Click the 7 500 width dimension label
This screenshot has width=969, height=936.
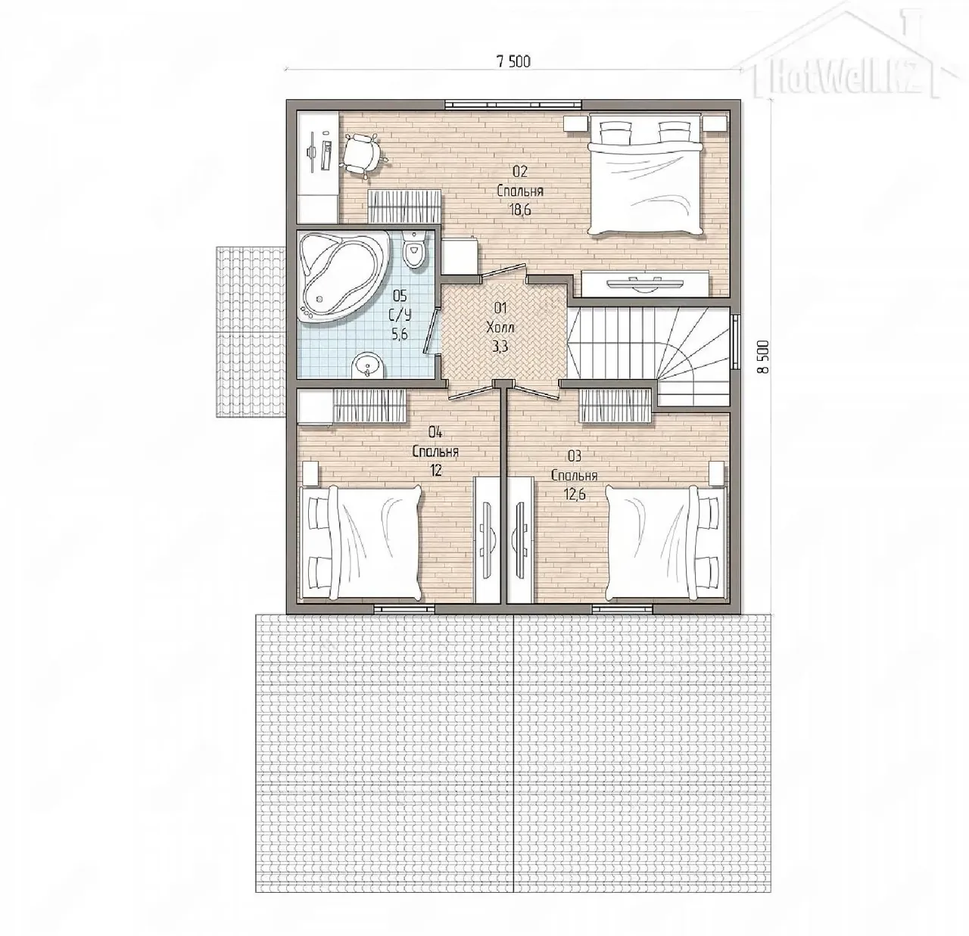[513, 61]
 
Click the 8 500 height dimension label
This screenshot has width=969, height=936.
[763, 356]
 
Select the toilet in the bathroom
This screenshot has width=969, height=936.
[414, 250]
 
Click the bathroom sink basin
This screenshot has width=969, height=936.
[369, 367]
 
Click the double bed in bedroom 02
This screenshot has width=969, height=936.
[646, 174]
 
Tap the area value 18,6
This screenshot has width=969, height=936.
[520, 210]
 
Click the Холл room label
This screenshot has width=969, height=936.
[500, 328]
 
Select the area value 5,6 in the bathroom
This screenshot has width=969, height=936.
[400, 334]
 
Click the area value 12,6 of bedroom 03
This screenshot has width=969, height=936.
[574, 495]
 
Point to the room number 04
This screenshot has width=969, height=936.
[435, 433]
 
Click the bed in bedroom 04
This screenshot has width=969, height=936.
[360, 543]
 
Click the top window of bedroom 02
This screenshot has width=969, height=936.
[513, 104]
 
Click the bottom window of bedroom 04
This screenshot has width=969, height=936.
[403, 608]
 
